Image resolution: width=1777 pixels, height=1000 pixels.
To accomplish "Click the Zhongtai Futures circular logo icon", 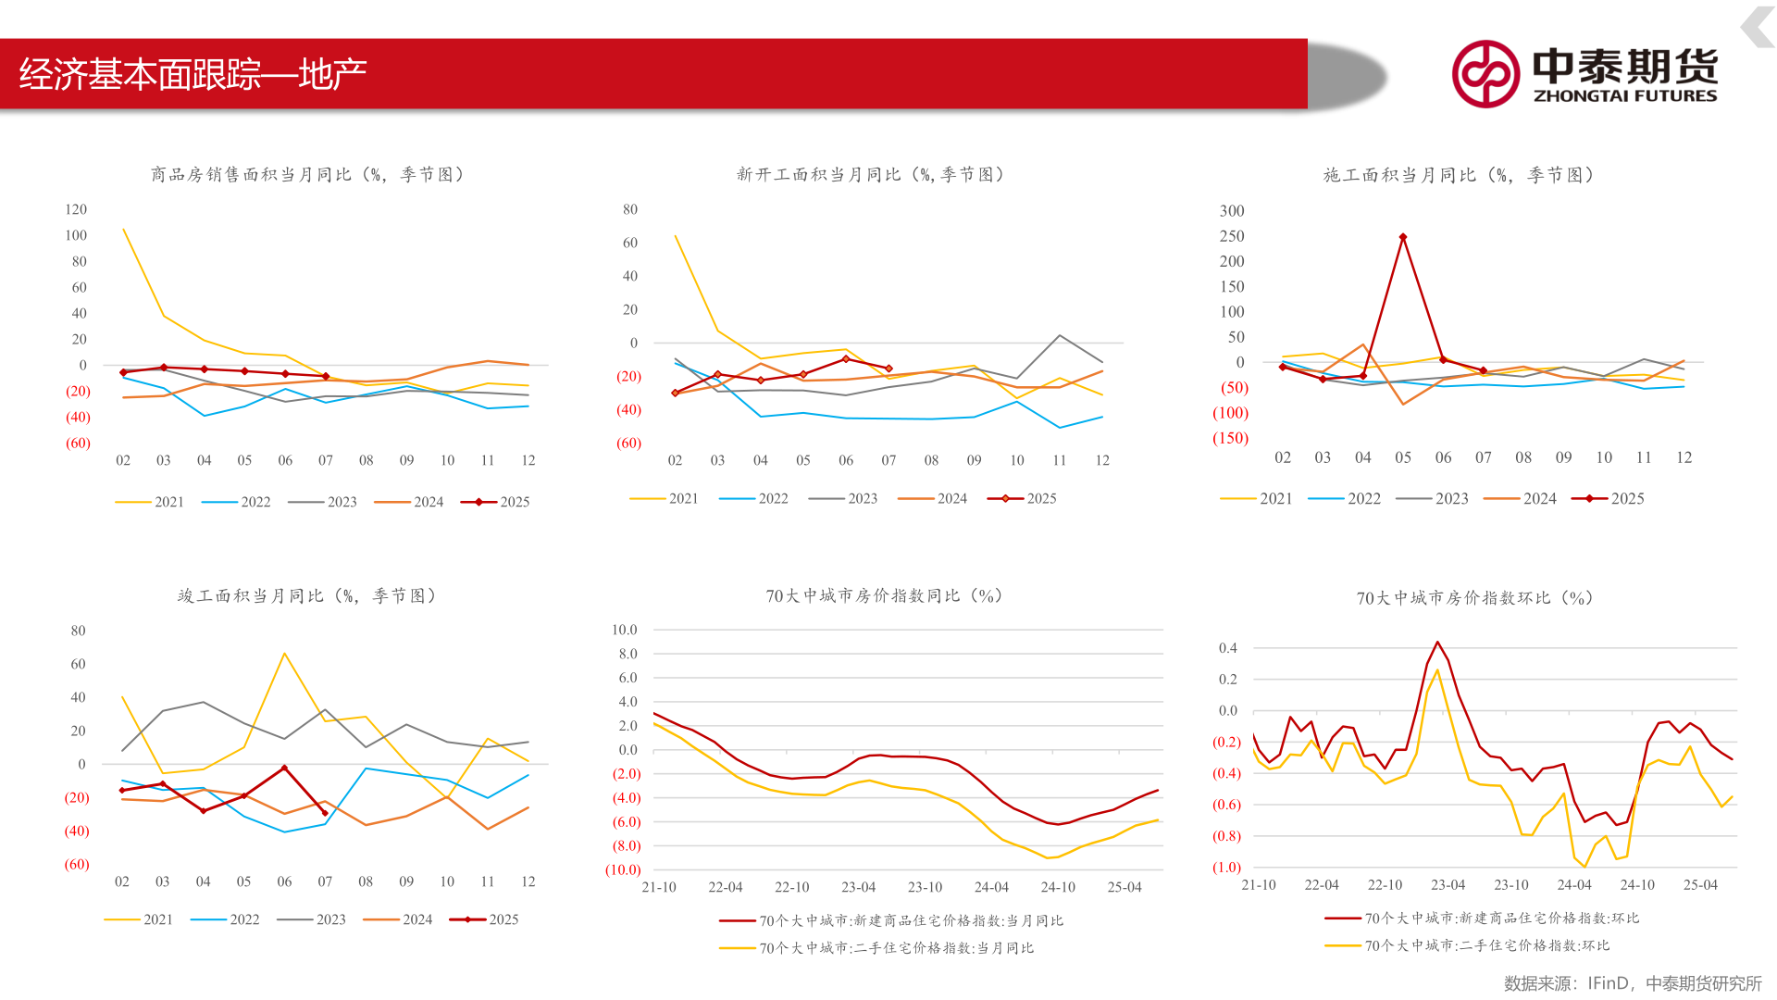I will pyautogui.click(x=1485, y=74).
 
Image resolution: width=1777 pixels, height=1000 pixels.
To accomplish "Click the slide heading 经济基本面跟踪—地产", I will pyautogui.click(x=193, y=74).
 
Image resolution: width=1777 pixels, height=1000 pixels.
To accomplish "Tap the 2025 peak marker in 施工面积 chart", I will pyautogui.click(x=1403, y=238).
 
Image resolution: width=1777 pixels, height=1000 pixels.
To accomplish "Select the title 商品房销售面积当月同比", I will pyautogui.click(x=306, y=174).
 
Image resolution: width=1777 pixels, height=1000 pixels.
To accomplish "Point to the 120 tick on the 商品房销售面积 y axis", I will pyautogui.click(x=76, y=209).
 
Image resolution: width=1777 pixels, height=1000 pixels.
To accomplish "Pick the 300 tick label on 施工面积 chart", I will pyautogui.click(x=1231, y=211).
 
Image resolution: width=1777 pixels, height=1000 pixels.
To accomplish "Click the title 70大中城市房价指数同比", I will pyautogui.click(x=883, y=595).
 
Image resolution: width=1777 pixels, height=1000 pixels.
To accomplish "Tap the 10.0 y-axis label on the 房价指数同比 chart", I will pyautogui.click(x=625, y=630).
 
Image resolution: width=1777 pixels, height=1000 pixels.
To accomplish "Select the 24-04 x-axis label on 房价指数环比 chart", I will pyautogui.click(x=1574, y=885).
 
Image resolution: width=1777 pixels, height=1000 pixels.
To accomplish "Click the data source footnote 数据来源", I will pyautogui.click(x=1632, y=982).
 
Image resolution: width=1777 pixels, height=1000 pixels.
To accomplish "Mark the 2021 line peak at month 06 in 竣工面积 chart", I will pyautogui.click(x=284, y=654).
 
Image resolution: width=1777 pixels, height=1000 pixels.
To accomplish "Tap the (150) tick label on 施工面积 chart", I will pyautogui.click(x=1230, y=438).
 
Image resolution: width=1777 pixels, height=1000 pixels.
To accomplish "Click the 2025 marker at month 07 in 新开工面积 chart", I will pyautogui.click(x=888, y=369).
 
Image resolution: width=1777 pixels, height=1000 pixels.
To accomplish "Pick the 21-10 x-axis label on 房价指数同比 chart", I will pyautogui.click(x=659, y=887).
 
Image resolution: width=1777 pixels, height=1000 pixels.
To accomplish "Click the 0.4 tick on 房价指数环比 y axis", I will pyautogui.click(x=1228, y=648).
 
